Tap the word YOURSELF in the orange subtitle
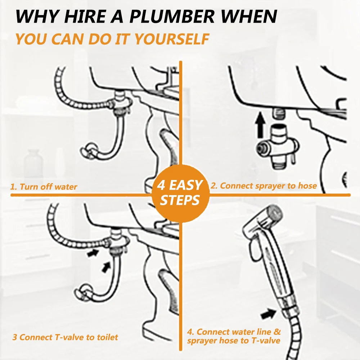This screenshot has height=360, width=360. (x=172, y=39)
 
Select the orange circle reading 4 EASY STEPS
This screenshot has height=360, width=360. (x=180, y=193)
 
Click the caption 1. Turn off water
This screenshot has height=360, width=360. (x=44, y=186)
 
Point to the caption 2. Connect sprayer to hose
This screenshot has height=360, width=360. (x=264, y=186)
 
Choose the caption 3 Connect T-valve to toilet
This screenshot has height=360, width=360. (x=65, y=337)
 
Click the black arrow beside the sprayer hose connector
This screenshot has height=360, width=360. (x=269, y=314)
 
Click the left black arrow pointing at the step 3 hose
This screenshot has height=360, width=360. (x=93, y=253)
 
